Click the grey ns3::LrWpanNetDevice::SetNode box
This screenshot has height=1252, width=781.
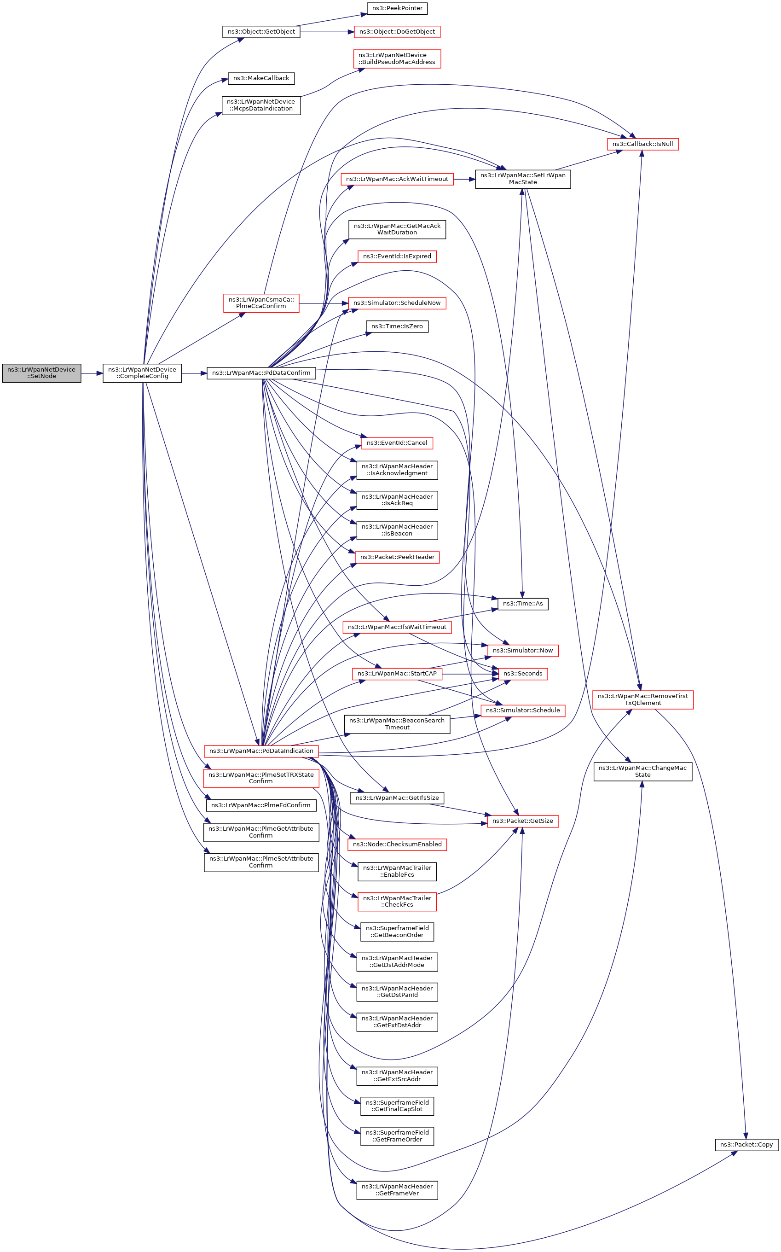[41, 373]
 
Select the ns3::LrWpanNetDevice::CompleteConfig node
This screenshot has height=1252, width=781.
[142, 373]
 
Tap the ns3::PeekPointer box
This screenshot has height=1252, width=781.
[397, 8]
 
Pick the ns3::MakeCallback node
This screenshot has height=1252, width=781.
[261, 78]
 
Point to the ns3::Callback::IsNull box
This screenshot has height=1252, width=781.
[642, 144]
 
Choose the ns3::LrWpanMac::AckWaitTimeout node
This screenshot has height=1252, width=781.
[397, 179]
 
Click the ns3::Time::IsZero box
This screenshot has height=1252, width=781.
[397, 326]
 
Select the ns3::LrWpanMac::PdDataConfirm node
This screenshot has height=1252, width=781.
[261, 373]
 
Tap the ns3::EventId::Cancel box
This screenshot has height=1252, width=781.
[397, 443]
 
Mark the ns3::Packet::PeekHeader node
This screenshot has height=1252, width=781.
[397, 557]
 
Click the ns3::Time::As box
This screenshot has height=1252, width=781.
[523, 604]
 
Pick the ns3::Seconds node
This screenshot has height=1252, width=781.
[523, 673]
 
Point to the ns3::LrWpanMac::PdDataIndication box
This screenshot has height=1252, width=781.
[261, 751]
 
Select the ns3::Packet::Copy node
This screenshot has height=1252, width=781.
[746, 1145]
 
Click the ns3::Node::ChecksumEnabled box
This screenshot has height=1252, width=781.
[397, 844]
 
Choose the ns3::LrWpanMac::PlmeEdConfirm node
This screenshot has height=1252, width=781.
[261, 805]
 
